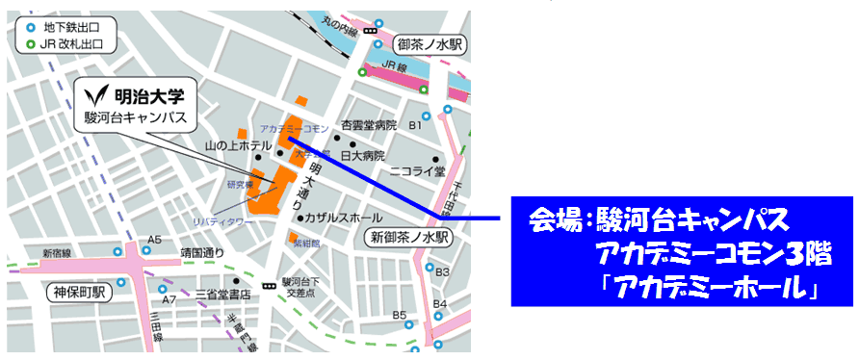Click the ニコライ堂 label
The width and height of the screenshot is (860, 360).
tap(417, 171)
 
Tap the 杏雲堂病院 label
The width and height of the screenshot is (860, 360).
tap(369, 126)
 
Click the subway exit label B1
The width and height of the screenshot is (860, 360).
tap(416, 125)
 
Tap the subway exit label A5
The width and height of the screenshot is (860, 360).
tap(154, 240)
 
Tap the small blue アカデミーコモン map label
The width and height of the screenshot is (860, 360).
tap(296, 128)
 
